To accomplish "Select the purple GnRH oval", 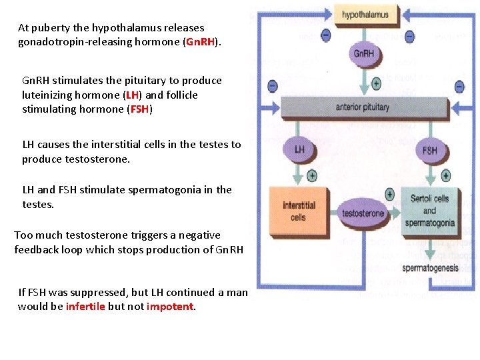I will [364, 54].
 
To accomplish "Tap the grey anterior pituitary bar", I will [363, 107].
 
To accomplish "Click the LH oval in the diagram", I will [299, 149].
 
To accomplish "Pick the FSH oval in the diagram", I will [430, 150].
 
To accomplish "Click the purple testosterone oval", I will [363, 213].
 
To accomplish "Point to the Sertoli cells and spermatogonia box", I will [430, 211].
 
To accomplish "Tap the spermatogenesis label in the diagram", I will [430, 268].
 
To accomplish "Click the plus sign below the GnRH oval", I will [376, 83].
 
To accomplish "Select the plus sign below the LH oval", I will [312, 175].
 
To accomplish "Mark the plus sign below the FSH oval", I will [446, 175].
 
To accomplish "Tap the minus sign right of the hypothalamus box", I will [409, 36].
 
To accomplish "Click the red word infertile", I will [85, 307].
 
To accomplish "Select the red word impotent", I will [169, 307].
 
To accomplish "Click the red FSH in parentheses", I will [139, 109].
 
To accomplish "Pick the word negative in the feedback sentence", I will [200, 235].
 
